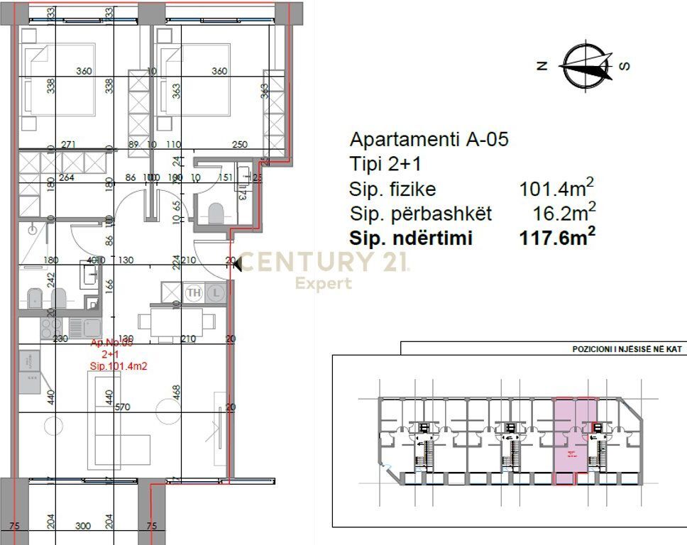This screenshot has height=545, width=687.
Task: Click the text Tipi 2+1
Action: tap(385, 165)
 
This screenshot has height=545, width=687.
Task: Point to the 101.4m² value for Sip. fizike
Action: tap(556, 189)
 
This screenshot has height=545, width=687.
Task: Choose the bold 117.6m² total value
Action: tap(556, 238)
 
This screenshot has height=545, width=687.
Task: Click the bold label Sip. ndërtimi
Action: tap(411, 238)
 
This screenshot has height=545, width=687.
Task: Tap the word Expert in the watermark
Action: tap(324, 284)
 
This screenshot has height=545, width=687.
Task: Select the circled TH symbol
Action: tap(193, 292)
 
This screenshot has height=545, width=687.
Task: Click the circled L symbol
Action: tap(217, 292)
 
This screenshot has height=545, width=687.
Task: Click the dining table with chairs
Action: tap(177, 321)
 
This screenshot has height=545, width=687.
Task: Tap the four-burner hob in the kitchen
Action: tap(50, 327)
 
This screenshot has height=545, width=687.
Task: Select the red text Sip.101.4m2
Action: tap(118, 366)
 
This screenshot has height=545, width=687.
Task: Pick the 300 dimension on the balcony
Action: tap(84, 526)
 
